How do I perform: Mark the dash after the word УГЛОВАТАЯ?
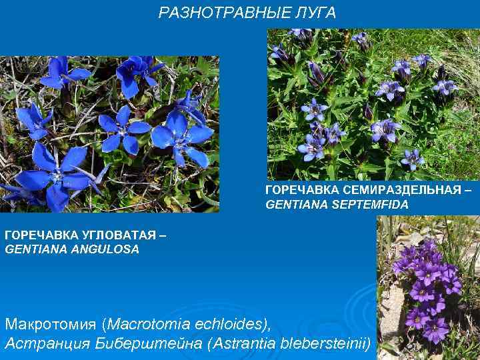(x=163, y=236)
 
